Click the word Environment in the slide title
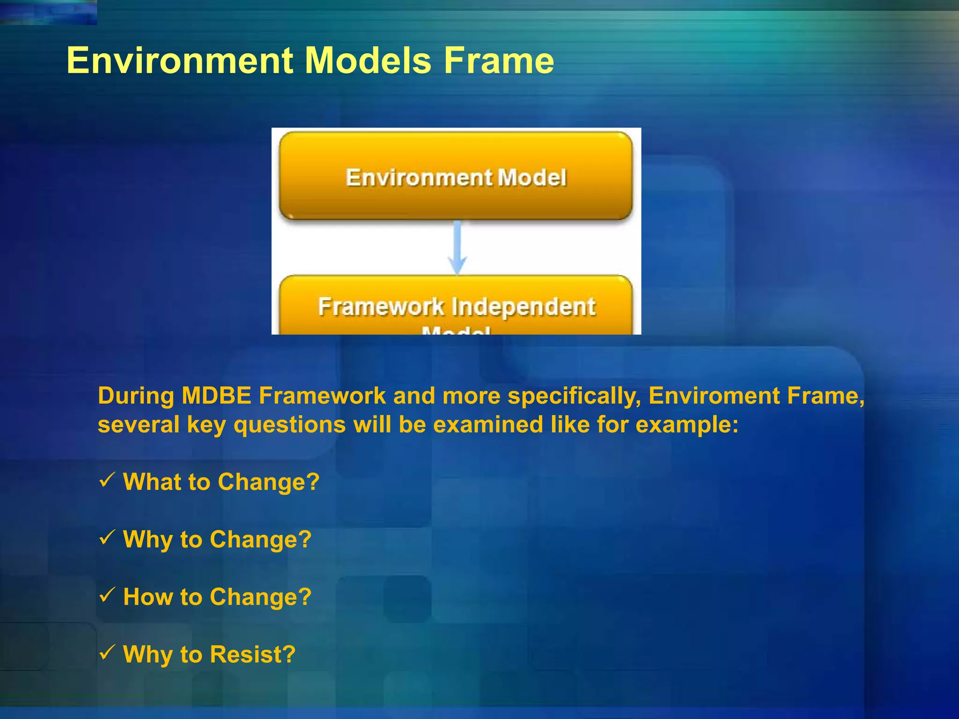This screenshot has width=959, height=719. click(x=180, y=60)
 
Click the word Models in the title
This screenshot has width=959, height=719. click(x=368, y=60)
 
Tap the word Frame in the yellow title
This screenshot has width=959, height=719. click(x=499, y=60)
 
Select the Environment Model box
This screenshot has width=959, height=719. click(x=456, y=176)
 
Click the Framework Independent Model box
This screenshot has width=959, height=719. click(x=456, y=307)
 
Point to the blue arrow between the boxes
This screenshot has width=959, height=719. click(x=457, y=248)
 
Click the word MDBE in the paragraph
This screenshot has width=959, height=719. click(x=216, y=396)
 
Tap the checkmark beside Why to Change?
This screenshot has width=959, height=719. click(x=107, y=537)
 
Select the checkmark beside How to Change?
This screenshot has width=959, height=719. click(x=107, y=594)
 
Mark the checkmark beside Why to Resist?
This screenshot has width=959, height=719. click(x=107, y=652)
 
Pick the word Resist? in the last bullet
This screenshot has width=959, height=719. click(x=252, y=654)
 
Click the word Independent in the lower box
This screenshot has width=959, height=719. click(x=523, y=307)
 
